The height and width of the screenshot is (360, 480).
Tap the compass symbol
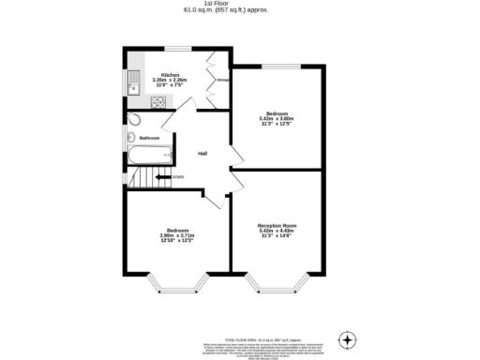[x=348, y=338]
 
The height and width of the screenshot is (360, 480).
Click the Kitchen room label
[x=171, y=74]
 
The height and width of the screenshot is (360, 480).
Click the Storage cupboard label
[x=223, y=80]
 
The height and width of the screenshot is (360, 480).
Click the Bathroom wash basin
[x=129, y=138]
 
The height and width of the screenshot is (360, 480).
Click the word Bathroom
[x=149, y=138]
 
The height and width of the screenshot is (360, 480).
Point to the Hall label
[x=202, y=154]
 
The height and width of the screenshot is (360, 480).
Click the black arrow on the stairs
[x=161, y=176]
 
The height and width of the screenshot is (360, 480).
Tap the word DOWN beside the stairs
[x=177, y=176]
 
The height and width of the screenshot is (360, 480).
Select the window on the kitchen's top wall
[x=177, y=49]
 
